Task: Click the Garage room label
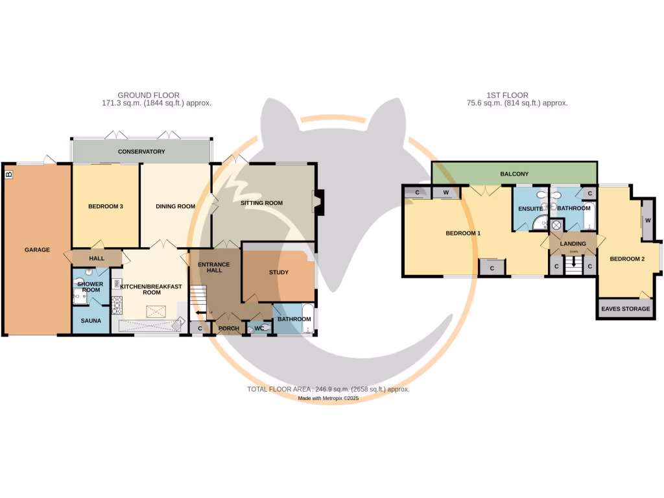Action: [x=37, y=250]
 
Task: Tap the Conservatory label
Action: [x=141, y=152]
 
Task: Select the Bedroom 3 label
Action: [x=106, y=207]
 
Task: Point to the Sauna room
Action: [x=91, y=321]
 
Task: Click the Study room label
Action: [x=279, y=272]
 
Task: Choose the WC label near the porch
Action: [x=258, y=329]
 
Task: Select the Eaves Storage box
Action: [x=626, y=309]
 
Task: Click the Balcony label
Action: [x=515, y=174]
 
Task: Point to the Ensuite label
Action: [x=530, y=209]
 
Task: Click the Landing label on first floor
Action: [x=573, y=244]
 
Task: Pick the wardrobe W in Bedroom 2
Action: [x=648, y=220]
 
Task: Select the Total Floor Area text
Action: [x=328, y=389]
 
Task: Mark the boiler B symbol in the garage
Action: [x=8, y=174]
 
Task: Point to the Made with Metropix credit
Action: [x=328, y=399]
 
